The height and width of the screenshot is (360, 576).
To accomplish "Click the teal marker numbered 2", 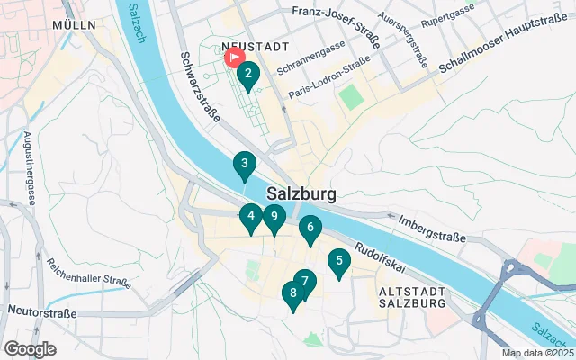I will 247,75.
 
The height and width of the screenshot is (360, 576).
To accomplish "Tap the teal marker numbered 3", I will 243,165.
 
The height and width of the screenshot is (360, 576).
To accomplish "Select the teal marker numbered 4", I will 251,216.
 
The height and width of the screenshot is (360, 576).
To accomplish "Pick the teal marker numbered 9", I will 274,217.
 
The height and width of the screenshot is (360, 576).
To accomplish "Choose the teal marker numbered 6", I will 310,229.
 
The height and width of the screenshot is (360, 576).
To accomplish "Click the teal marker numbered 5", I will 338,262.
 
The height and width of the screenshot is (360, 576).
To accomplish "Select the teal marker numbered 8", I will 292,293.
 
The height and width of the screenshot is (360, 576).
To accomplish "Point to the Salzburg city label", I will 301,193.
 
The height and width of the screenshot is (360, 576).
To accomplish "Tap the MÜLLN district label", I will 74,25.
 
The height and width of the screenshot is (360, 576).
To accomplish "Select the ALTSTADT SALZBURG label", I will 413,298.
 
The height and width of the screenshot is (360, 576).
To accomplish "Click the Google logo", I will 31,348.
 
